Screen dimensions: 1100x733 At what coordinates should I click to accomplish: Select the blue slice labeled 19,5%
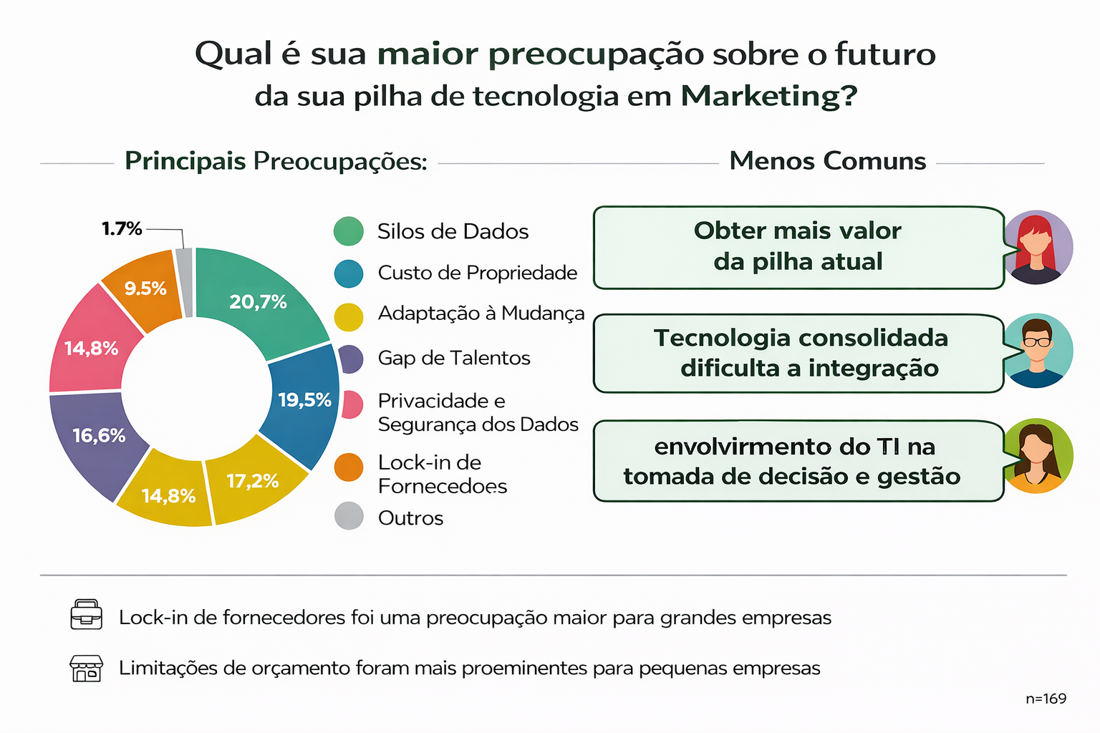[302, 402]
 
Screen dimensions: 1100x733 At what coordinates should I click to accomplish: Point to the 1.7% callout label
[122, 229]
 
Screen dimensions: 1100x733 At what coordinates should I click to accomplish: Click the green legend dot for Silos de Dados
[349, 230]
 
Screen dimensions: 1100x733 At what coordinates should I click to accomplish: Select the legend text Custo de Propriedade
[478, 273]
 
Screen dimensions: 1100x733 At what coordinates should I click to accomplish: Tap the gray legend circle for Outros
[349, 515]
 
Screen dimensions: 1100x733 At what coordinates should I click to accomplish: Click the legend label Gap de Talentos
[454, 358]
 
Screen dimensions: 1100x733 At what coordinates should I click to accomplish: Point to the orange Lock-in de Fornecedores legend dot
[349, 467]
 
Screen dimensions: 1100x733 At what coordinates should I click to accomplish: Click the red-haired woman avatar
[1036, 247]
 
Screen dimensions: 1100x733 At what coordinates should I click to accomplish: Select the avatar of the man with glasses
[1037, 351]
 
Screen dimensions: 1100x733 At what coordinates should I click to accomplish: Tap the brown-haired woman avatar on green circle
[1037, 455]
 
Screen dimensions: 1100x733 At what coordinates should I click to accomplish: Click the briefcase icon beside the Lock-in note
[87, 614]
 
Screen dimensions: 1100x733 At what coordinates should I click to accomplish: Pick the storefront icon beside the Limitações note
[87, 668]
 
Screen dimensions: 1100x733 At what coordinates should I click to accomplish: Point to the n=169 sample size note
[1046, 699]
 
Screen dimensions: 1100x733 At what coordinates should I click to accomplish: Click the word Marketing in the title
[769, 96]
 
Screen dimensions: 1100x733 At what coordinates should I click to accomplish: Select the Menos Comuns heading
[827, 160]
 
